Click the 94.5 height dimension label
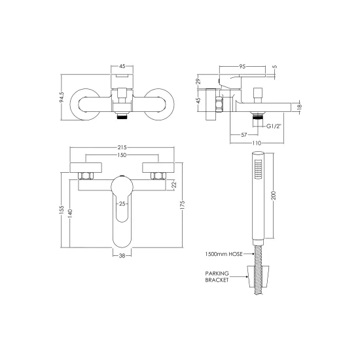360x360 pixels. (62, 97)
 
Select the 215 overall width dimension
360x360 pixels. (122, 147)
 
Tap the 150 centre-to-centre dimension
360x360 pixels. (122, 155)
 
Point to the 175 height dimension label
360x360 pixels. (183, 205)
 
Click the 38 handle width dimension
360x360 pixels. (122, 255)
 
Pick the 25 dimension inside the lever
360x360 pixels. (122, 204)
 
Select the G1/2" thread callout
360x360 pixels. (274, 126)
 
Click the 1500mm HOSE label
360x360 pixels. (224, 254)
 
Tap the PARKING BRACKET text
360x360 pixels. (217, 277)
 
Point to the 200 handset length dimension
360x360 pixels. (274, 196)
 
